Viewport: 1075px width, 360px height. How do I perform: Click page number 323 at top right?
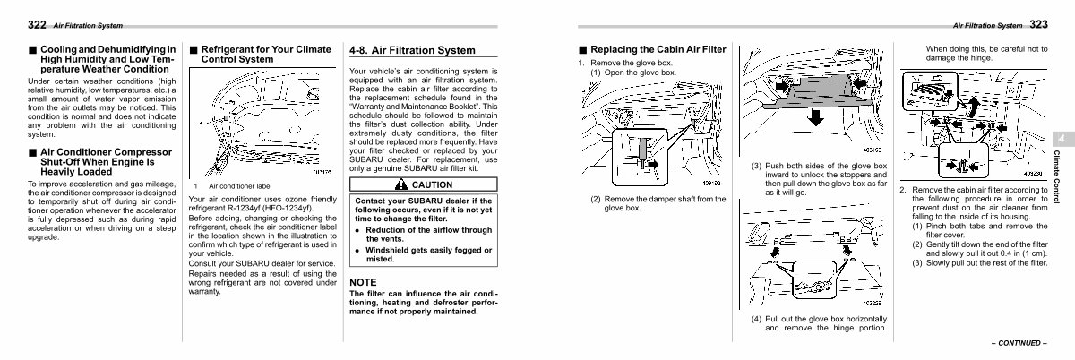pos(1039,24)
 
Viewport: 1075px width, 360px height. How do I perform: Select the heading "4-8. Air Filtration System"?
pos(412,51)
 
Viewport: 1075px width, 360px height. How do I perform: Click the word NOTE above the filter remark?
pos(363,282)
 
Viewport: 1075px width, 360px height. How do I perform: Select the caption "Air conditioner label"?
pos(239,185)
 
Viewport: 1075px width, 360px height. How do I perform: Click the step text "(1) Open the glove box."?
pos(632,73)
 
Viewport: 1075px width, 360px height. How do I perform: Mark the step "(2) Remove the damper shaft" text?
pos(657,203)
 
